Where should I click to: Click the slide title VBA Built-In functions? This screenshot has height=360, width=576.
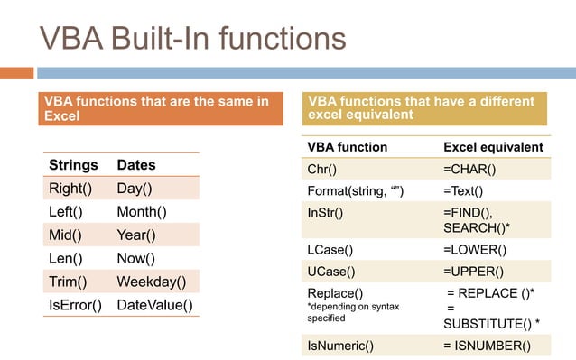tap(192, 38)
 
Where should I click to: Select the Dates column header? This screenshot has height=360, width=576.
tap(136, 164)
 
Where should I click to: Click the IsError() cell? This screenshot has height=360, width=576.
tap(75, 305)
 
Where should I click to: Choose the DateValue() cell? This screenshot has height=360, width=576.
tap(155, 305)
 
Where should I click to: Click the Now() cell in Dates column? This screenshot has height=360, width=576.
tap(135, 258)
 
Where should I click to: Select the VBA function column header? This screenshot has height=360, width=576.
tap(348, 146)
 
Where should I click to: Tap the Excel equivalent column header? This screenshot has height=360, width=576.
tap(493, 146)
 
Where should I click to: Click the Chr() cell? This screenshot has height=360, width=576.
tap(322, 169)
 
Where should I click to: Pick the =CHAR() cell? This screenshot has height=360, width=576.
tap(469, 169)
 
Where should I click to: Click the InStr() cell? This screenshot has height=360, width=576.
tap(325, 212)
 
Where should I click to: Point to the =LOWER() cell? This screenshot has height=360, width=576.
tap(474, 249)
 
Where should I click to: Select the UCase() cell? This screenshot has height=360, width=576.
tap(330, 271)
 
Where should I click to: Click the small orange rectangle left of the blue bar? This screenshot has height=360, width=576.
tap(16, 73)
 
